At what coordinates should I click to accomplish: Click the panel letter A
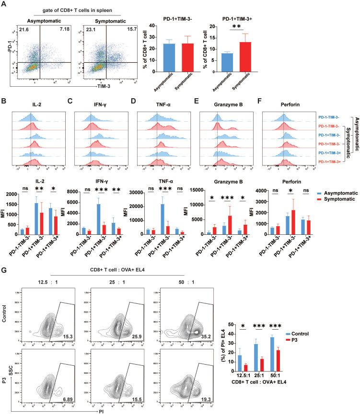tap(5, 5)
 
